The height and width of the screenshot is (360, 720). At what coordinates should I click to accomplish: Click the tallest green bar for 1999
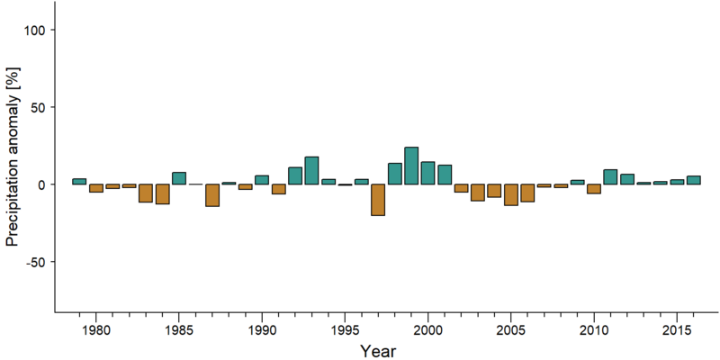(x=411, y=166)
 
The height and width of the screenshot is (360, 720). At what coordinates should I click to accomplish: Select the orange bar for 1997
(x=378, y=200)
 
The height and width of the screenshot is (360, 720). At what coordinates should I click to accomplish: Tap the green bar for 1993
(x=311, y=170)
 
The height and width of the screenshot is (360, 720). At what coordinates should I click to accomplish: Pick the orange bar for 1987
(x=212, y=195)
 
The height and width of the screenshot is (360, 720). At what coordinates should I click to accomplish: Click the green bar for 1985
(x=179, y=178)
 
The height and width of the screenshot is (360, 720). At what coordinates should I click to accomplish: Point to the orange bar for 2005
(x=511, y=194)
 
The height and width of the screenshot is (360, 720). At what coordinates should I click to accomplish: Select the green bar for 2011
(x=610, y=176)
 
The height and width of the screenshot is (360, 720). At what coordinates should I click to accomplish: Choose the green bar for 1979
(x=79, y=182)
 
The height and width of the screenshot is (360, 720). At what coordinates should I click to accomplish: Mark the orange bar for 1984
(x=163, y=193)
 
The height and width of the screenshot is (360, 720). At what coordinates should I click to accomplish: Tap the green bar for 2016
(x=693, y=180)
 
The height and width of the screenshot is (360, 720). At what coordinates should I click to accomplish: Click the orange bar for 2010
(x=594, y=189)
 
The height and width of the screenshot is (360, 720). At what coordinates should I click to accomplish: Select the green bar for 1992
(x=295, y=175)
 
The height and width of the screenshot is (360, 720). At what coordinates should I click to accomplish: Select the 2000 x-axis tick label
(x=428, y=331)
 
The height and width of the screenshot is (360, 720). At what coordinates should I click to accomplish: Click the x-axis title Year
(x=377, y=351)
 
